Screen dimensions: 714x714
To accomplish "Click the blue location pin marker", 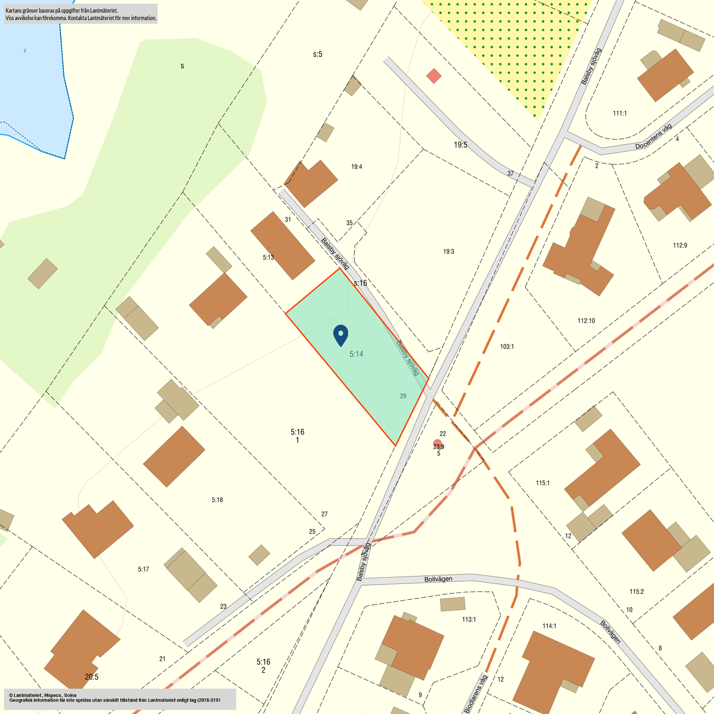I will (x=341, y=334).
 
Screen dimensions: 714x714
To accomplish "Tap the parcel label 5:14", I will (x=356, y=354).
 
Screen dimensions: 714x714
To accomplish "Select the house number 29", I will (x=403, y=396).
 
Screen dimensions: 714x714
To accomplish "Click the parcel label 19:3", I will (x=448, y=251).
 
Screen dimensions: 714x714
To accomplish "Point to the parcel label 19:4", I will (x=357, y=167).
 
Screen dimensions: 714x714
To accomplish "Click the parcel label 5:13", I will (x=268, y=257).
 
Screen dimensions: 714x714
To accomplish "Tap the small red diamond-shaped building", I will (x=434, y=76).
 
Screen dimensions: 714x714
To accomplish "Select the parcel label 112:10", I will (x=586, y=321).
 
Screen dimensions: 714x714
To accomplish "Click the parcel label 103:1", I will (x=507, y=347).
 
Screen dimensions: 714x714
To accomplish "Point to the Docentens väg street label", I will (x=653, y=136).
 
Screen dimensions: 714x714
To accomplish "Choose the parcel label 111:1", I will (x=620, y=113).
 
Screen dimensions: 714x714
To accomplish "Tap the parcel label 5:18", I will (x=217, y=500).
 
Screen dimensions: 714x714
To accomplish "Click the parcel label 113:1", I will (x=469, y=620).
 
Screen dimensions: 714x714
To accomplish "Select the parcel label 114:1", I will (x=549, y=626).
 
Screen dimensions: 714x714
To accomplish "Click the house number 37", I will (x=511, y=174).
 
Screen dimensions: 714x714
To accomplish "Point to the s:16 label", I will (x=360, y=283).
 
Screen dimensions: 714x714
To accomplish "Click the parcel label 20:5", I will (x=91, y=677).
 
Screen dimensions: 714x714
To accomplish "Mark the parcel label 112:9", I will (x=680, y=245).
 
